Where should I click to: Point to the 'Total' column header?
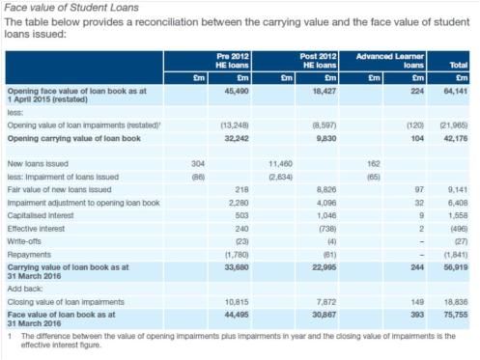point(458,63)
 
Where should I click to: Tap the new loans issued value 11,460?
point(280,164)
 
